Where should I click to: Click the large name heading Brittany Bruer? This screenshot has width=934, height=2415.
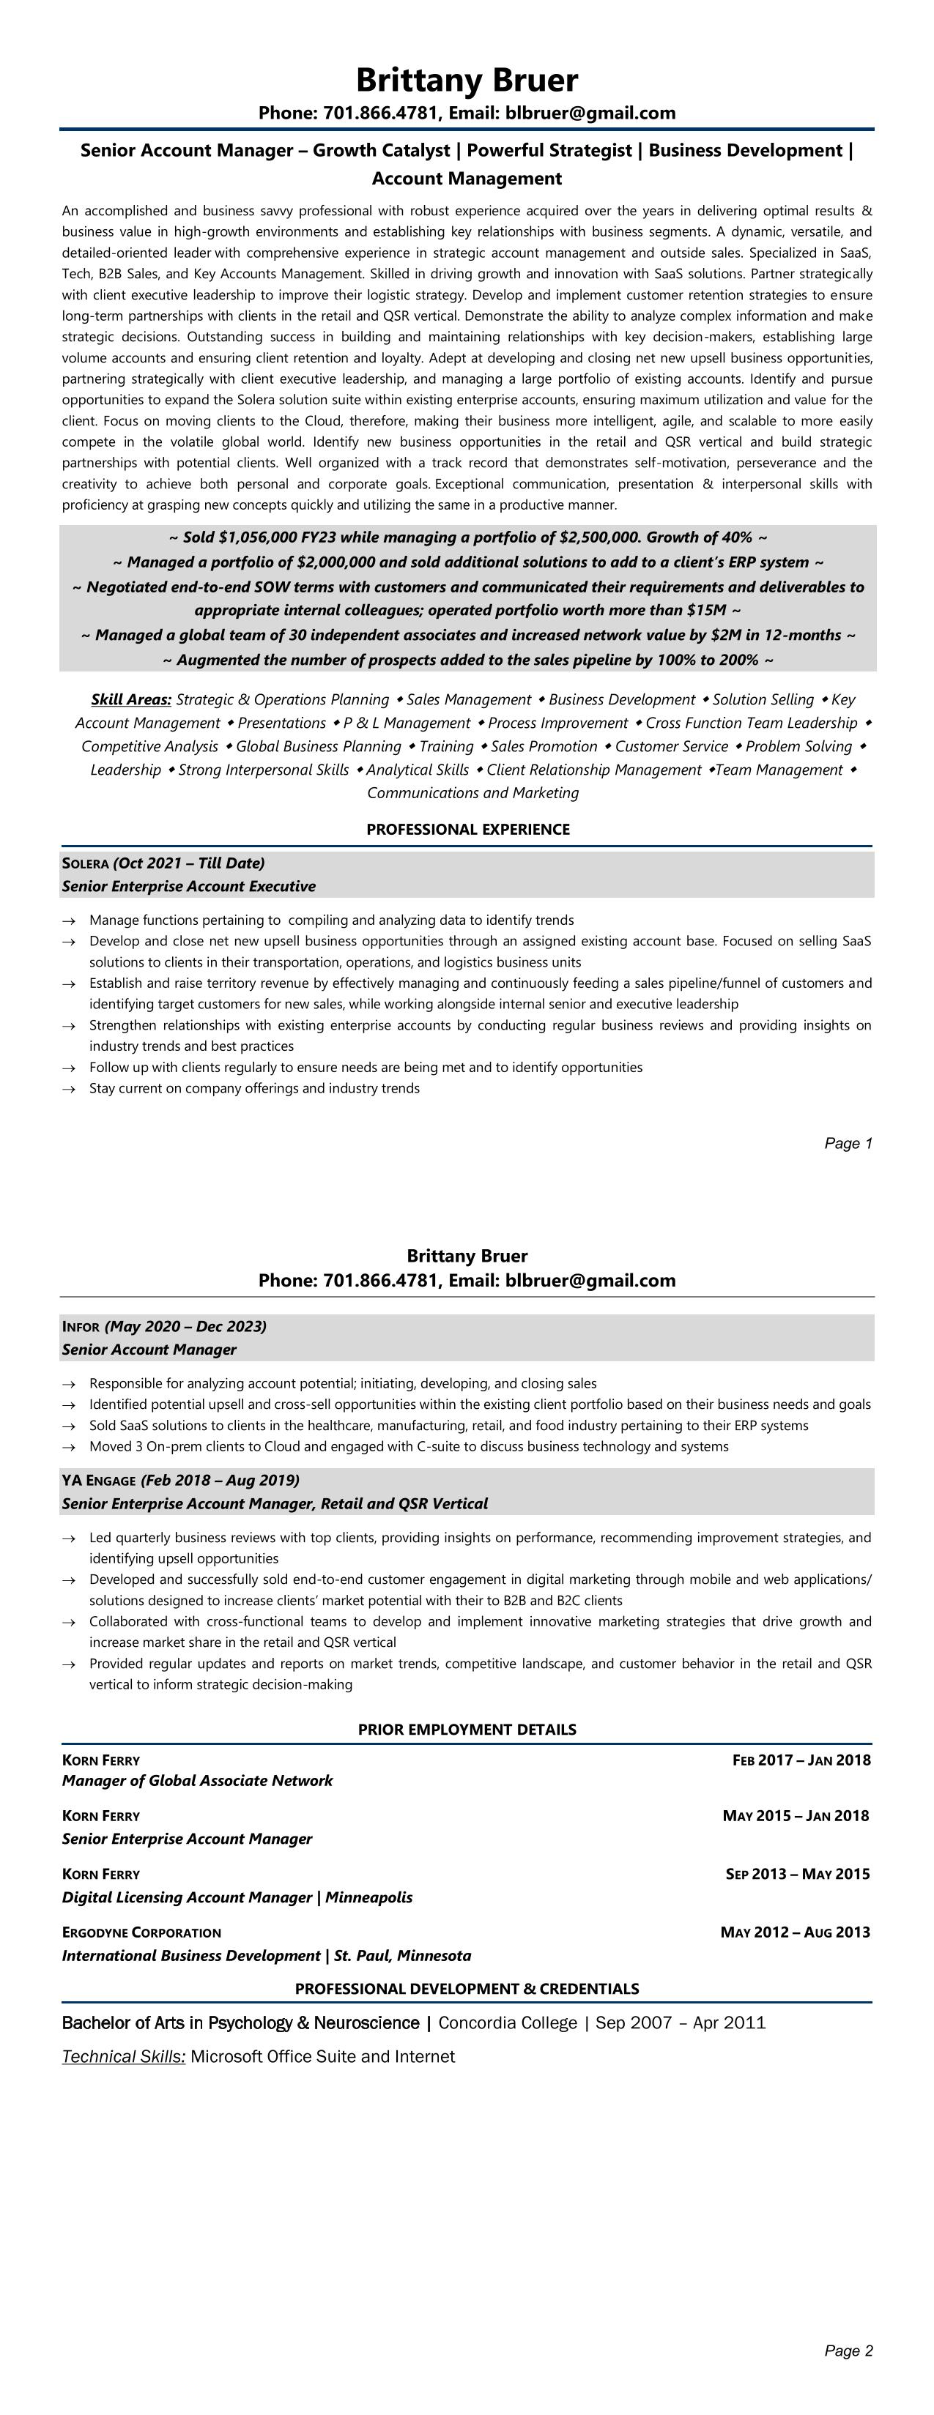pos(467,81)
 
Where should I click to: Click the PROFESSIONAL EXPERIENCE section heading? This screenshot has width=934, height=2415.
pos(467,829)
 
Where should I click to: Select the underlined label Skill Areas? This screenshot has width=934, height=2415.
pos(130,699)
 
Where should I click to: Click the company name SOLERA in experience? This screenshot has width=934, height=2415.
pos(85,863)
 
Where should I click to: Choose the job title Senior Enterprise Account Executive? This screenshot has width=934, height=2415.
pos(188,886)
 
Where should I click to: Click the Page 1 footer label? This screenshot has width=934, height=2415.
pos(848,1143)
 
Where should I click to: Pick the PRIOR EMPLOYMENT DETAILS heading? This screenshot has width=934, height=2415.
pos(467,1730)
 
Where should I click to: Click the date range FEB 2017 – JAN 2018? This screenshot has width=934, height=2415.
pos(801,1760)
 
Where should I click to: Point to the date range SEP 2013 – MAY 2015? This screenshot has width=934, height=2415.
pos(797,1874)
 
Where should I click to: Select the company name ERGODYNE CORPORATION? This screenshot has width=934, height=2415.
pos(141,1932)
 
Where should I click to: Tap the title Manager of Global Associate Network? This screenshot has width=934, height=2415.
pos(197,1780)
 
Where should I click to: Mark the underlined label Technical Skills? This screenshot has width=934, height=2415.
pos(124,2056)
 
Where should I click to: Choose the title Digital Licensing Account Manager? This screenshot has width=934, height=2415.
pos(187,1897)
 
